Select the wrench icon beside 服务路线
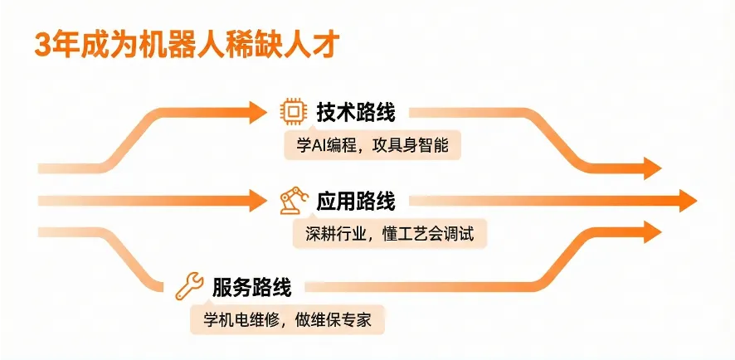[189, 286]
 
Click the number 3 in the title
[41, 43]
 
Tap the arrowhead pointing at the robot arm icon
[263, 201]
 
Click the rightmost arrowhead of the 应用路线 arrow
[687, 201]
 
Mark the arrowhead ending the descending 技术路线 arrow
[652, 168]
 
